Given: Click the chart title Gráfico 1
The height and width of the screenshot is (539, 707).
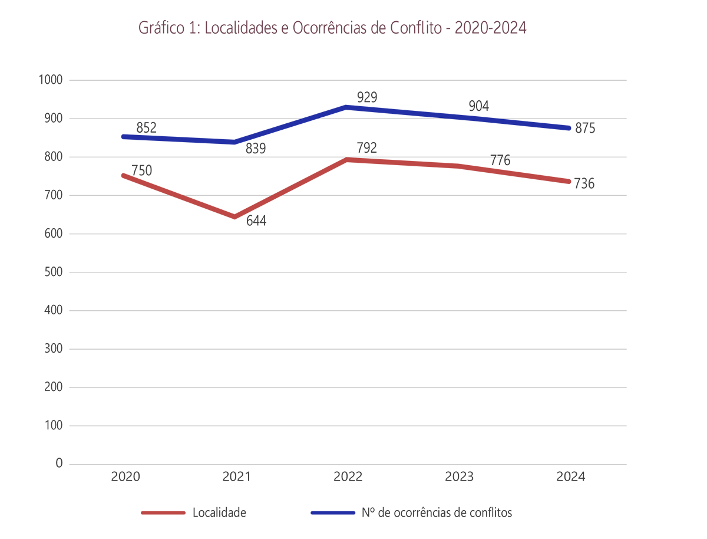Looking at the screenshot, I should tap(332, 28).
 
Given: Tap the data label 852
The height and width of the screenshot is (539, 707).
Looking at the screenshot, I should tap(146, 127).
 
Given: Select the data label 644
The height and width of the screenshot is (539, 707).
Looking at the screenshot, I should tap(256, 222).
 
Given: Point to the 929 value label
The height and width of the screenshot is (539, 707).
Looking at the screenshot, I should tap(367, 97).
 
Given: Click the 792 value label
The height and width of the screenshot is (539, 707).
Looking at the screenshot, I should tap(367, 147).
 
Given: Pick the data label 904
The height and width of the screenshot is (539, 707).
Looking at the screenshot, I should tap(479, 106).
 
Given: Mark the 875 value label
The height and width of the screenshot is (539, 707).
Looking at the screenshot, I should tap(585, 129).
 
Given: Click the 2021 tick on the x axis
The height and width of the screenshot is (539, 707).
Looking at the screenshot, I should tap(236, 476).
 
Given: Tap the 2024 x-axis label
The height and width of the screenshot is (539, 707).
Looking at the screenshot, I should tap(570, 476).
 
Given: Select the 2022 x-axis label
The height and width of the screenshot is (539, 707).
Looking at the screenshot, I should tap(348, 476).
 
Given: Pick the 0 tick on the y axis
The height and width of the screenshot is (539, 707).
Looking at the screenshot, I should tap(59, 464).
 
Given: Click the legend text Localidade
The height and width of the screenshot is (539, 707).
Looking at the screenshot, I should tap(219, 512).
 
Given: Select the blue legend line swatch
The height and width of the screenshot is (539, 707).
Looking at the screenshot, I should tap(332, 512).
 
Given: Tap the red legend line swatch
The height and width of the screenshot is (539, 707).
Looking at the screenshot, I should tap(163, 512).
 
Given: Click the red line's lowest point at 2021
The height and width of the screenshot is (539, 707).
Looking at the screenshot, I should tap(234, 217).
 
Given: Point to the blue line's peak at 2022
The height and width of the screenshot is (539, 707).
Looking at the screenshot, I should tap(346, 107).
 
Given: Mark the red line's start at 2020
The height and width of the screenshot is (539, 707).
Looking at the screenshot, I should tap(123, 175).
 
